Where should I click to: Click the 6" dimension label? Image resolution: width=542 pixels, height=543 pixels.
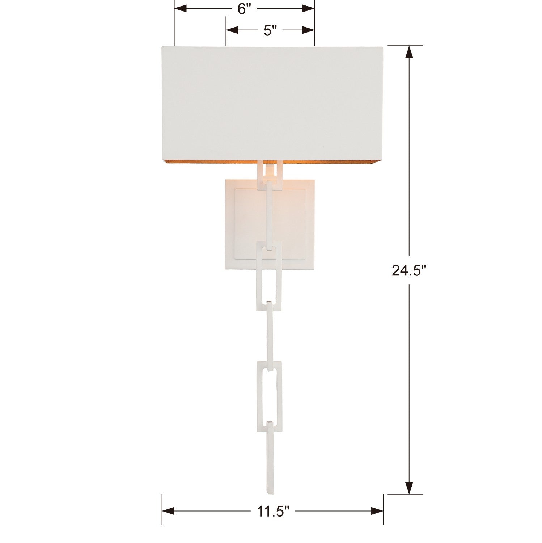(244, 9)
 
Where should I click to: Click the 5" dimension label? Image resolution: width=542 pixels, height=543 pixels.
(267, 31)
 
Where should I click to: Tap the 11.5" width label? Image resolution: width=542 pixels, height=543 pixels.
(273, 511)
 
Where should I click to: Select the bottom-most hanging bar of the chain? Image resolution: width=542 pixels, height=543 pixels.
(270, 460)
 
